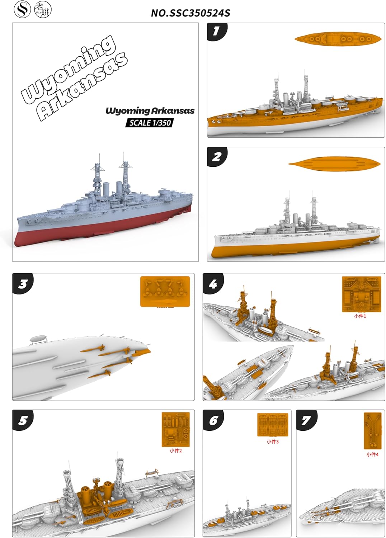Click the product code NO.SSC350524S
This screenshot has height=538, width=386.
[190, 13]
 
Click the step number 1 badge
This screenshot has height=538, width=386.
[216, 31]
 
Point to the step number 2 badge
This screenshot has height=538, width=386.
[216, 157]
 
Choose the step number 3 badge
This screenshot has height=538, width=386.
[23, 284]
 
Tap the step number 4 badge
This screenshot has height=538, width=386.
[213, 284]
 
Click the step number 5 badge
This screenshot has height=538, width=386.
[23, 420]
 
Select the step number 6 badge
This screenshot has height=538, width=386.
[213, 420]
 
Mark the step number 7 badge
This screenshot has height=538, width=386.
[306, 420]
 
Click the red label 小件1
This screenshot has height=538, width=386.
[360, 316]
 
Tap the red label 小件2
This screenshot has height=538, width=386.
[176, 450]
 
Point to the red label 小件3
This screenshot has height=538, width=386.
[273, 442]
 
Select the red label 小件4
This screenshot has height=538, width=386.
[372, 454]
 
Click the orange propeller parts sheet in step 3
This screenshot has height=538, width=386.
[165, 291]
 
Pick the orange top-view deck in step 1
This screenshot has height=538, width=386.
[337, 38]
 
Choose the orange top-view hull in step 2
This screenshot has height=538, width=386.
[334, 164]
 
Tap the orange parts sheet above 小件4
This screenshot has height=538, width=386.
[372, 431]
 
